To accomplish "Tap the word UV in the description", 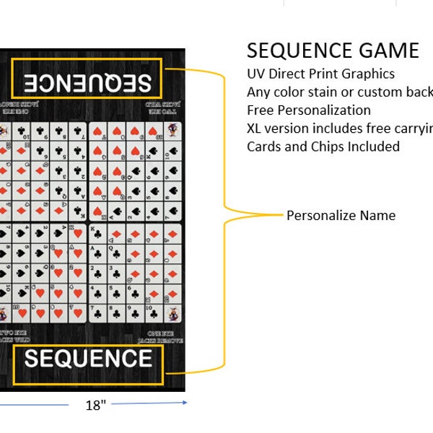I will [256, 74].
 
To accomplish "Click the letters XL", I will [255, 128].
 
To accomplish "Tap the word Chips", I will [327, 146].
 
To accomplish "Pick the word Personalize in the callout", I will [320, 216].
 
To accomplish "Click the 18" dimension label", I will [95, 405].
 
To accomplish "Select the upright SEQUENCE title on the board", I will [88, 359].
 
